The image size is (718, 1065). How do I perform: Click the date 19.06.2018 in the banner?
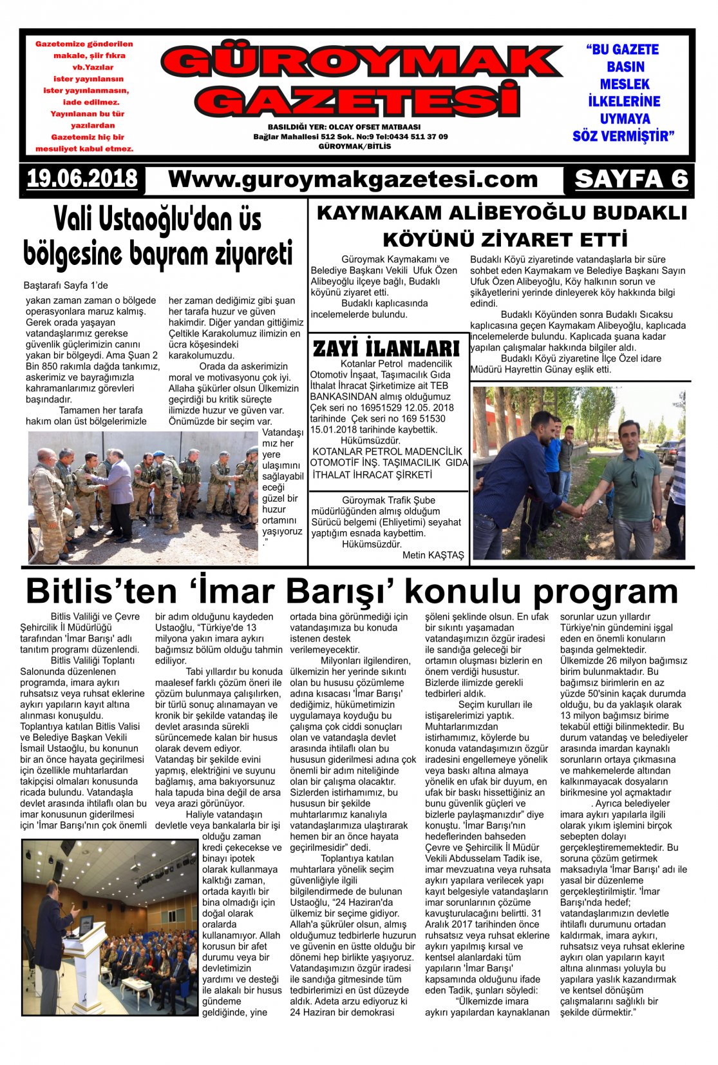pyautogui.click(x=82, y=179)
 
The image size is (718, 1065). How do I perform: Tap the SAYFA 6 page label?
pyautogui.click(x=631, y=179)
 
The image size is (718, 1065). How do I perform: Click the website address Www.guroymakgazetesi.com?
pyautogui.click(x=353, y=179)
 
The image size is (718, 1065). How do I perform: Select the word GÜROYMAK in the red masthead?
pyautogui.click(x=361, y=63)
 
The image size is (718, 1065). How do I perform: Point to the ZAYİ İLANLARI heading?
pyautogui.click(x=386, y=349)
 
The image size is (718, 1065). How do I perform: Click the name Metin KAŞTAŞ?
pyautogui.click(x=433, y=555)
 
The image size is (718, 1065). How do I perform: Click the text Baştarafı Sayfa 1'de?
pyautogui.click(x=66, y=285)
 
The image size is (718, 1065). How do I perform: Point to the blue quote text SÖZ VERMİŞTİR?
pyautogui.click(x=623, y=137)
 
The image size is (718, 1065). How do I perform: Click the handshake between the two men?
pyautogui.click(x=579, y=510)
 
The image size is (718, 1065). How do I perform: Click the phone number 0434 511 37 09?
pyautogui.click(x=412, y=137)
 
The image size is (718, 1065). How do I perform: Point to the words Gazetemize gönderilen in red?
pyautogui.click(x=84, y=44)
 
